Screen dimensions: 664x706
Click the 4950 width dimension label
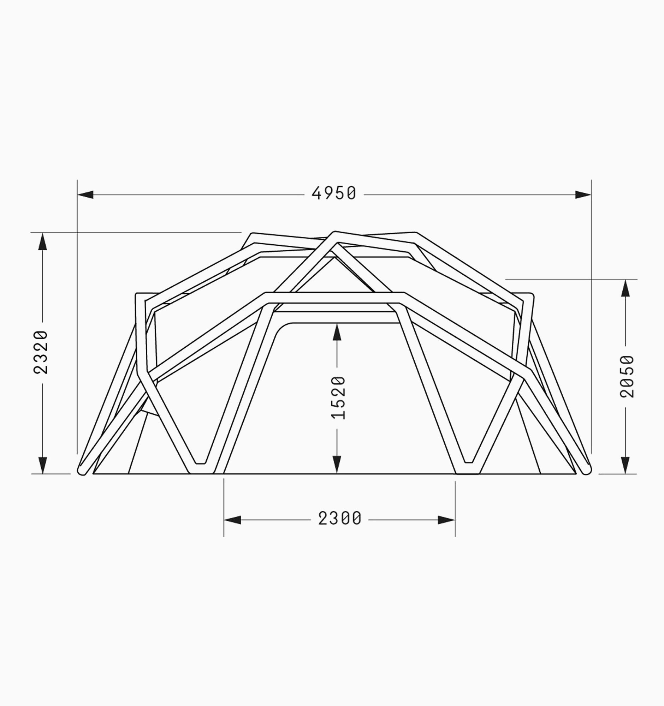[334, 193]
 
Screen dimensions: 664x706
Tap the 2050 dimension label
[627, 376]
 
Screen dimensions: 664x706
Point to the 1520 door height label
[338, 398]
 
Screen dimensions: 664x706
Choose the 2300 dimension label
[340, 518]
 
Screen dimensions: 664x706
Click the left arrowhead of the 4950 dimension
[85, 195]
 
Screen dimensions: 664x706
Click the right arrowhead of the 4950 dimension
[583, 195]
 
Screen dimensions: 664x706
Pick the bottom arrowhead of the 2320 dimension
[43, 465]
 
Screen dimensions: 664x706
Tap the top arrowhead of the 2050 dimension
[626, 288]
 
